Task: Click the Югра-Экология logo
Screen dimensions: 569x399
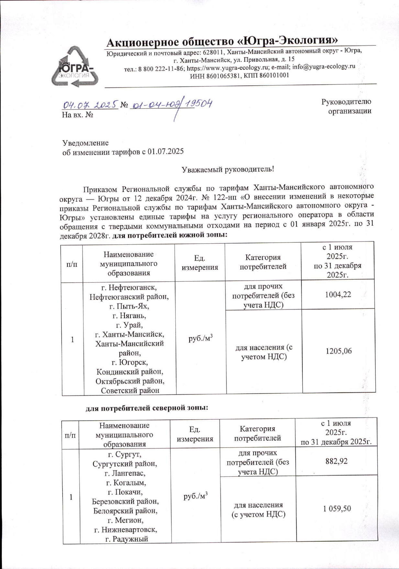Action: (74, 67)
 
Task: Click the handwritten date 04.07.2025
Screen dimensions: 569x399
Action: (90, 105)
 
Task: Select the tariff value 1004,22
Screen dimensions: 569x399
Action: (338, 295)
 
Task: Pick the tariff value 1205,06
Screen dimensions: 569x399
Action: (338, 351)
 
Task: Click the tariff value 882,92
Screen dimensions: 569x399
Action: (336, 461)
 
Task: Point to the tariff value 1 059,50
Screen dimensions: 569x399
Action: (337, 508)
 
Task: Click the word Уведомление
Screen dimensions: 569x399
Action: (85, 143)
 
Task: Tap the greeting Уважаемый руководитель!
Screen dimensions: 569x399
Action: (228, 169)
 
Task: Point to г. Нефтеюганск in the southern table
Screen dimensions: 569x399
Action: (129, 287)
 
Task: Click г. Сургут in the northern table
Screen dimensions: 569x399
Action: (125, 454)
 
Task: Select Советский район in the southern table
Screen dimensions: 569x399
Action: (130, 391)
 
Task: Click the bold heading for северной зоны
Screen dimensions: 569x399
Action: (147, 408)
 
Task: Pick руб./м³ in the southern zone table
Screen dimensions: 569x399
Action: (200, 338)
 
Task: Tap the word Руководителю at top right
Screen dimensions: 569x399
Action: (346, 102)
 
